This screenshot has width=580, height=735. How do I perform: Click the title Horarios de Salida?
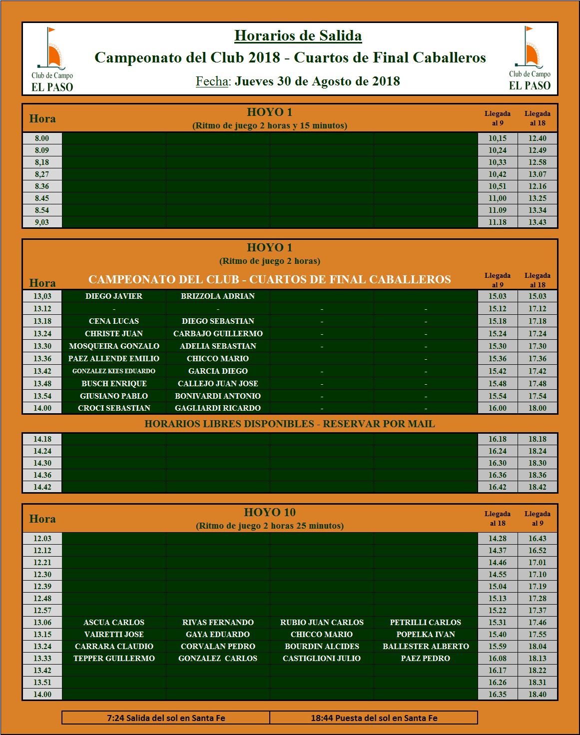[x=298, y=36]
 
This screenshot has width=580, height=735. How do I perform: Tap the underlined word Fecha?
[x=212, y=81]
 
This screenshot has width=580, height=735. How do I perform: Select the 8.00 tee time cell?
[x=42, y=138]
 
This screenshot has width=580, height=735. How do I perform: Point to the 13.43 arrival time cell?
[x=538, y=222]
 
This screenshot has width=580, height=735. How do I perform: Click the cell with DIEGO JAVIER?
[x=114, y=296]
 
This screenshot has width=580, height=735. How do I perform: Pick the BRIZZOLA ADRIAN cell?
[x=218, y=296]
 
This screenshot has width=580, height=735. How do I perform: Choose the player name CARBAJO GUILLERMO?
[x=218, y=334]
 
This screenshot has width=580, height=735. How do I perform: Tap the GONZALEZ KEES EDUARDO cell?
[x=114, y=371]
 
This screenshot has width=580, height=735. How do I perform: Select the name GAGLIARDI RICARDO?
[x=218, y=408]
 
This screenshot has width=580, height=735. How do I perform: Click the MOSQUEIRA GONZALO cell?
[x=114, y=346]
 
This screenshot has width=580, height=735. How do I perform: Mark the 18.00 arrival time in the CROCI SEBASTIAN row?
[x=538, y=408]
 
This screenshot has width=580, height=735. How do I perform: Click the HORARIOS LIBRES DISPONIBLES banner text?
[x=290, y=424]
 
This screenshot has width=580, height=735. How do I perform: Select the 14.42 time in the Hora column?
[x=42, y=487]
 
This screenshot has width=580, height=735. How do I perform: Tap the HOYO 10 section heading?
[x=270, y=512]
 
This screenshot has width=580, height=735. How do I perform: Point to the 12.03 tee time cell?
[x=42, y=539]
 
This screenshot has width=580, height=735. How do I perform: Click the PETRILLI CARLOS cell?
[x=426, y=623]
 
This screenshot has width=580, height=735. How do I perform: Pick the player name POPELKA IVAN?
[x=426, y=635]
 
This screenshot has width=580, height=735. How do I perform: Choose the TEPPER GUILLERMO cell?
[x=114, y=659]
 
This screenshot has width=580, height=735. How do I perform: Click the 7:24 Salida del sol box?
[x=166, y=718]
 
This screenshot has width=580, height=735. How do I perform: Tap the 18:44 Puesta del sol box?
[x=374, y=718]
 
